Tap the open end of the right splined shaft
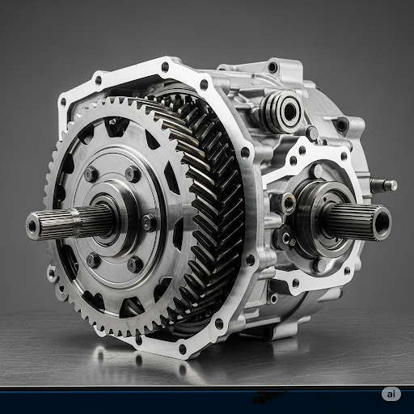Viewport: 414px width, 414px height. [x=381, y=221]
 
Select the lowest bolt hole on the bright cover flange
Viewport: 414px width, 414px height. [x=182, y=349]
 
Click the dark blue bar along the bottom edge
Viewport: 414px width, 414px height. [x=207, y=396]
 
